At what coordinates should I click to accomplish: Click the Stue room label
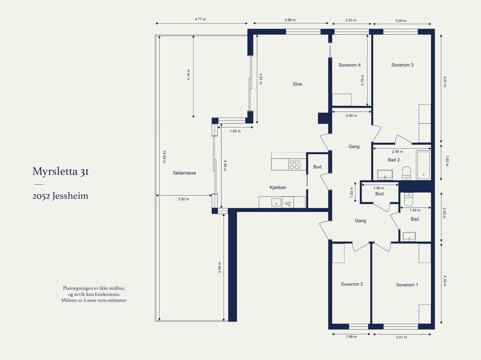[x=297, y=84]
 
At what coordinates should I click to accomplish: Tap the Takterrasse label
[x=184, y=173]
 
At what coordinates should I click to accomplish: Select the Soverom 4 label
[x=350, y=65]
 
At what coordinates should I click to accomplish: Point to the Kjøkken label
[x=278, y=188]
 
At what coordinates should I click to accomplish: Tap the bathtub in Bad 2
[x=423, y=165]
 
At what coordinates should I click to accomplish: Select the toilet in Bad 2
[x=406, y=173]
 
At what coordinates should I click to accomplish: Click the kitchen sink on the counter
[x=276, y=202]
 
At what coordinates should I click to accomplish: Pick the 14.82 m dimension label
[x=164, y=157]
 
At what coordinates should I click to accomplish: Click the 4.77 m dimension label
[x=200, y=19]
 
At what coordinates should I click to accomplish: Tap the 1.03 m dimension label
[x=352, y=193]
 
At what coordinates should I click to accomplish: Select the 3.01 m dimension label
[x=401, y=337]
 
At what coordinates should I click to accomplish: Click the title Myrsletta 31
[x=60, y=171]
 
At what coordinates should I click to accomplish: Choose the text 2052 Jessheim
[x=60, y=196]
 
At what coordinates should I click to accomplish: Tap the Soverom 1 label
[x=407, y=285]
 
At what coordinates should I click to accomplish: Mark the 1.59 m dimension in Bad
[x=415, y=210]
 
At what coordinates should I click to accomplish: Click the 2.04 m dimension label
[x=351, y=116]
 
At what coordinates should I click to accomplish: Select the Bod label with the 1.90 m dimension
[x=379, y=194]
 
